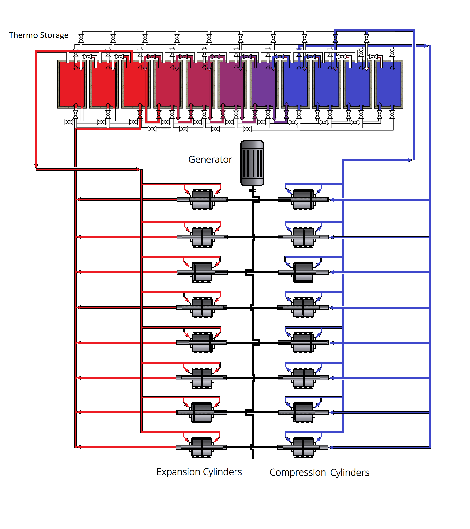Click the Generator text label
coord(210,159)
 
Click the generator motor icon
coord(252,163)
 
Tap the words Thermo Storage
coord(39,35)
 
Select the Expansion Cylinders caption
coord(199,472)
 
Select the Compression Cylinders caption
coord(319,472)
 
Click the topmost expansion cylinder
coord(202,200)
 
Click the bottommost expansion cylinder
coord(202,447)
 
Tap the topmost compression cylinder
coord(303,200)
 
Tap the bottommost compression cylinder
coord(303,447)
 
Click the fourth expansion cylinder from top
coord(202,307)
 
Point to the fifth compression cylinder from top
coord(303,343)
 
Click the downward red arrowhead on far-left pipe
coord(36,166)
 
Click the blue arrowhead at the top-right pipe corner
coord(426,46)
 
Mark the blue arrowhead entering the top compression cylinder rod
coord(332,200)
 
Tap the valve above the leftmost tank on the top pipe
coord(81,39)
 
